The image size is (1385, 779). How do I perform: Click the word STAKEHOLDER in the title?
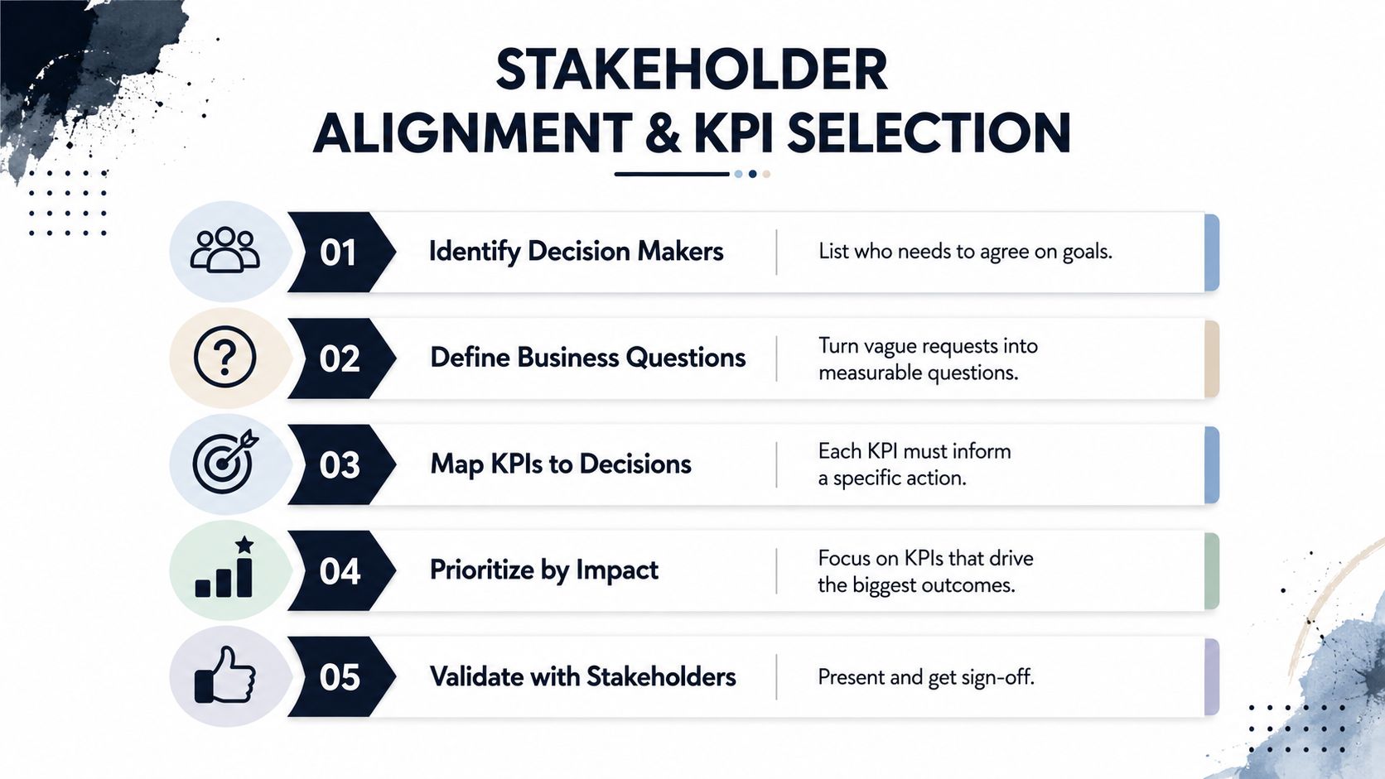tap(692, 70)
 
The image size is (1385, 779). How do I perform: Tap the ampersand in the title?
tap(662, 132)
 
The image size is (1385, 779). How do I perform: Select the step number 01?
tap(338, 252)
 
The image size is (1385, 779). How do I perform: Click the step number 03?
tap(340, 464)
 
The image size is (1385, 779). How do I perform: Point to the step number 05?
tap(340, 677)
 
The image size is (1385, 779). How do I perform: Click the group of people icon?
tap(225, 250)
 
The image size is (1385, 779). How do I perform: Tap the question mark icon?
tap(225, 357)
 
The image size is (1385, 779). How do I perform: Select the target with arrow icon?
tap(225, 461)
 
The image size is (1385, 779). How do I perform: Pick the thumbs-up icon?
tap(224, 675)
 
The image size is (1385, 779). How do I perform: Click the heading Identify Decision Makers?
tap(577, 252)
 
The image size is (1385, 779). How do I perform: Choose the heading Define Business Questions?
tap(588, 358)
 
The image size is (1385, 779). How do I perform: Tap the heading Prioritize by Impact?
tap(544, 570)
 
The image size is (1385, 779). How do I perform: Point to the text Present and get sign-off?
tap(925, 677)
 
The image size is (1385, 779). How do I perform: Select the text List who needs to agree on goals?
tap(965, 252)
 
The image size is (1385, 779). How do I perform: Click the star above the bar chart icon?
tap(244, 544)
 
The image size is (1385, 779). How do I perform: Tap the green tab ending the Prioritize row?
tap(1212, 571)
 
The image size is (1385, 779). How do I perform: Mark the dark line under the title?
tap(672, 174)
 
